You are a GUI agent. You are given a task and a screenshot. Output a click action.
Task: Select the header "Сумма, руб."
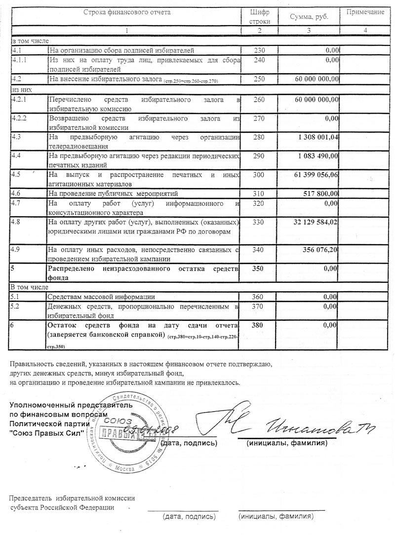(x=309, y=17)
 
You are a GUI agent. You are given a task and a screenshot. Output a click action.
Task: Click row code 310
(x=259, y=193)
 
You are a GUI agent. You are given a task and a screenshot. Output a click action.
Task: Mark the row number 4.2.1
(x=20, y=99)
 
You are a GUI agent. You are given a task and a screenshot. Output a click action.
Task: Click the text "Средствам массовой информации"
(x=101, y=297)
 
